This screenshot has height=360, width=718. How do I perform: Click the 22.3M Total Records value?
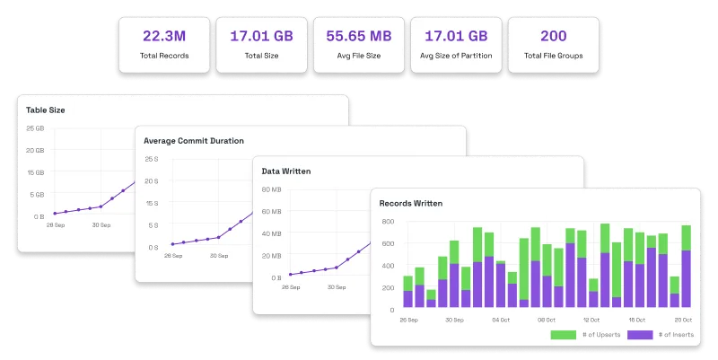[x=164, y=36]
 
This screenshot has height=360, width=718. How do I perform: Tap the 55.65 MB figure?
[x=359, y=36]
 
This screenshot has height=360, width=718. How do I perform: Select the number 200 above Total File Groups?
[x=554, y=36]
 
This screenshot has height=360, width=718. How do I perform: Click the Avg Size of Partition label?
[x=456, y=56]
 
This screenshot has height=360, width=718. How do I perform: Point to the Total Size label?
[x=261, y=56]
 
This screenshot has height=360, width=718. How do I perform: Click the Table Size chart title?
[x=46, y=110]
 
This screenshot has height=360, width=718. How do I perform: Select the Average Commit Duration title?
[x=194, y=141]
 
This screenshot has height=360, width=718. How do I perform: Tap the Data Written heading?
[x=286, y=171]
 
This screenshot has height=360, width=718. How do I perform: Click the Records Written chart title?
[x=411, y=204]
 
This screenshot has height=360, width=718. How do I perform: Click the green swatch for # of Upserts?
[x=564, y=335]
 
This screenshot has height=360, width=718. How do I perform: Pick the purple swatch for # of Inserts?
[x=640, y=335]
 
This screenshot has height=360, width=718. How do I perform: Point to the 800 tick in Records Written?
[x=388, y=222]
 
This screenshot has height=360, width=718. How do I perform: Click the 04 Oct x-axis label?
[x=501, y=320]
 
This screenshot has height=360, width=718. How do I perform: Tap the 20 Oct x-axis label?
[x=683, y=320]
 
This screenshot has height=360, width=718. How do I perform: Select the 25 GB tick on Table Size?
[x=35, y=128]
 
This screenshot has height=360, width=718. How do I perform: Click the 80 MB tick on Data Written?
[x=272, y=189]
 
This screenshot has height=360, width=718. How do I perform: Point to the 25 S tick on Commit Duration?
[x=152, y=159]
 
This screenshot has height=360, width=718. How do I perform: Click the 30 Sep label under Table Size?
[x=101, y=224]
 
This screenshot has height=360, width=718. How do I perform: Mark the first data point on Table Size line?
[x=55, y=214]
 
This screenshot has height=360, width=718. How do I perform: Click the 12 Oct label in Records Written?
[x=591, y=320]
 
